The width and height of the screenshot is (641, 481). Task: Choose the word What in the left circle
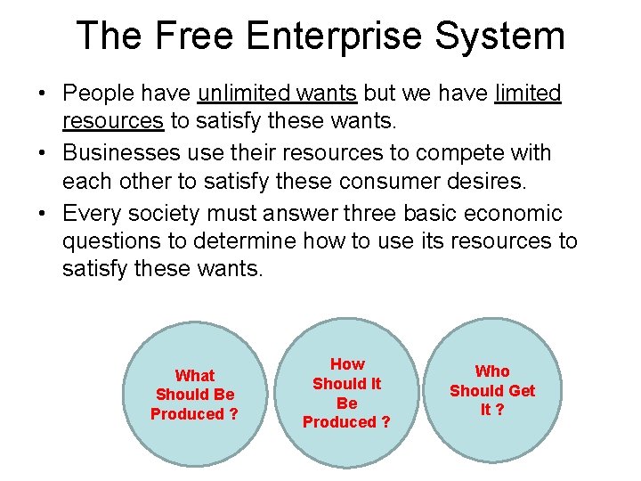coord(194,376)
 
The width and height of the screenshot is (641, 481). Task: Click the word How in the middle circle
coord(347,364)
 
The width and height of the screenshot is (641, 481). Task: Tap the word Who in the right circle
coord(492,371)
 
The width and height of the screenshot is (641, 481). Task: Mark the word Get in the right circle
coord(521,391)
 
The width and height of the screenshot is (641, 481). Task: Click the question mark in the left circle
coord(233,414)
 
